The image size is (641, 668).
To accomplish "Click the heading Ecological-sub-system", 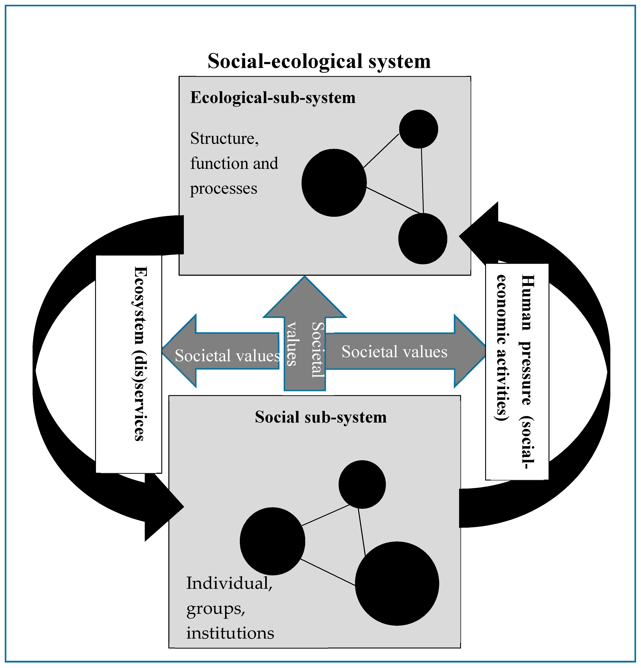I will point(273,98).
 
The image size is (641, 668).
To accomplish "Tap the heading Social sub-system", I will point(320,417).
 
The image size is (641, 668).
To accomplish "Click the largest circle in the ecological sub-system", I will point(334,183).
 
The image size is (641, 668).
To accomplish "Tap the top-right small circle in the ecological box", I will point(418,129).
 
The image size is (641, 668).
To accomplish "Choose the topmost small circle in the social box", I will point(362,484).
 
